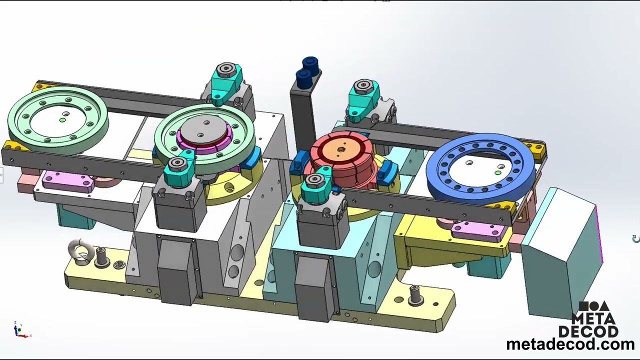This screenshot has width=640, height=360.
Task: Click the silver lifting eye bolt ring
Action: point(80,249)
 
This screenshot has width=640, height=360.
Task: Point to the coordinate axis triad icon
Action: point(19,330)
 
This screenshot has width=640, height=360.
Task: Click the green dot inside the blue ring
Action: point(497,173)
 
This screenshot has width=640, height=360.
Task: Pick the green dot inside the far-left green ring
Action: point(62,120)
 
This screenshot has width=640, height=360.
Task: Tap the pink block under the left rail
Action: point(67,179)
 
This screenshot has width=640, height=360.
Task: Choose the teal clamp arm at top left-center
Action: point(225,80)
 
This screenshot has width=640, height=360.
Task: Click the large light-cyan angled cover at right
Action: point(560,250)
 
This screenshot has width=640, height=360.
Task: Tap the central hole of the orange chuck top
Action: point(341,149)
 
